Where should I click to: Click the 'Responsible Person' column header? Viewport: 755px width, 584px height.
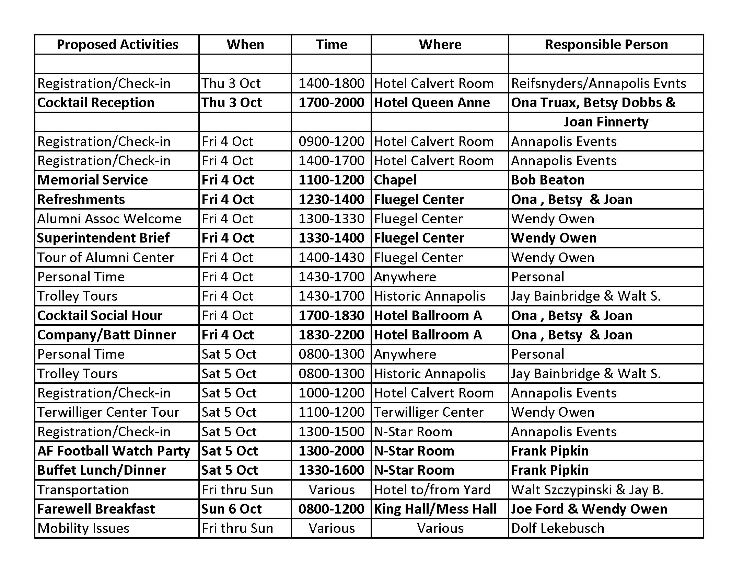point(606,45)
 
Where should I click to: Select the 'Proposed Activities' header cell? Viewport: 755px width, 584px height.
point(117,45)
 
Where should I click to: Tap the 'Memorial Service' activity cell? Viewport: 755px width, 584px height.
point(92,180)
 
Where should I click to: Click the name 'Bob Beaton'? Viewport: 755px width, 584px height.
point(548,180)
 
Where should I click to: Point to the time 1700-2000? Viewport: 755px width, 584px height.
point(331,103)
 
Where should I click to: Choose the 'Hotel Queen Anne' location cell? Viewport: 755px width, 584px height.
point(432,103)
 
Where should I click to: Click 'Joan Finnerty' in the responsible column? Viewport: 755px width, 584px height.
point(606,122)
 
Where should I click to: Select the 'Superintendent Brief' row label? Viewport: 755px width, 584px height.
point(103,238)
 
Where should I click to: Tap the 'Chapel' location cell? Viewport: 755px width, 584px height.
point(395,180)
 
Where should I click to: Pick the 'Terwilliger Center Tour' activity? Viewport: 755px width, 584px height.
point(108,412)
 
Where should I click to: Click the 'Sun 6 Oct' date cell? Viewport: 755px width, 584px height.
point(231,509)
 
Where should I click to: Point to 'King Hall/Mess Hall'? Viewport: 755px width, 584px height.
point(435,509)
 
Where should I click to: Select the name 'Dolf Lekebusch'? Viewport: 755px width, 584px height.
point(557,528)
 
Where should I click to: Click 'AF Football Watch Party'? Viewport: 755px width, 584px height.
point(113,451)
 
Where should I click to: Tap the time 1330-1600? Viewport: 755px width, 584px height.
point(331,470)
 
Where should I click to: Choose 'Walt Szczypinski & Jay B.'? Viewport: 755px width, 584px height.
point(587,490)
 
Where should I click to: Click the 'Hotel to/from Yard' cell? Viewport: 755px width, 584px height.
point(432,490)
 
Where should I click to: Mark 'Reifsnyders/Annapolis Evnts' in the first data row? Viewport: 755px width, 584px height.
point(599,83)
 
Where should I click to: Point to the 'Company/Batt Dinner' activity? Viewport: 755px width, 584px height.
point(106,335)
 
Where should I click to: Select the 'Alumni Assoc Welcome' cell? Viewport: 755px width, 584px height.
point(109,218)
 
